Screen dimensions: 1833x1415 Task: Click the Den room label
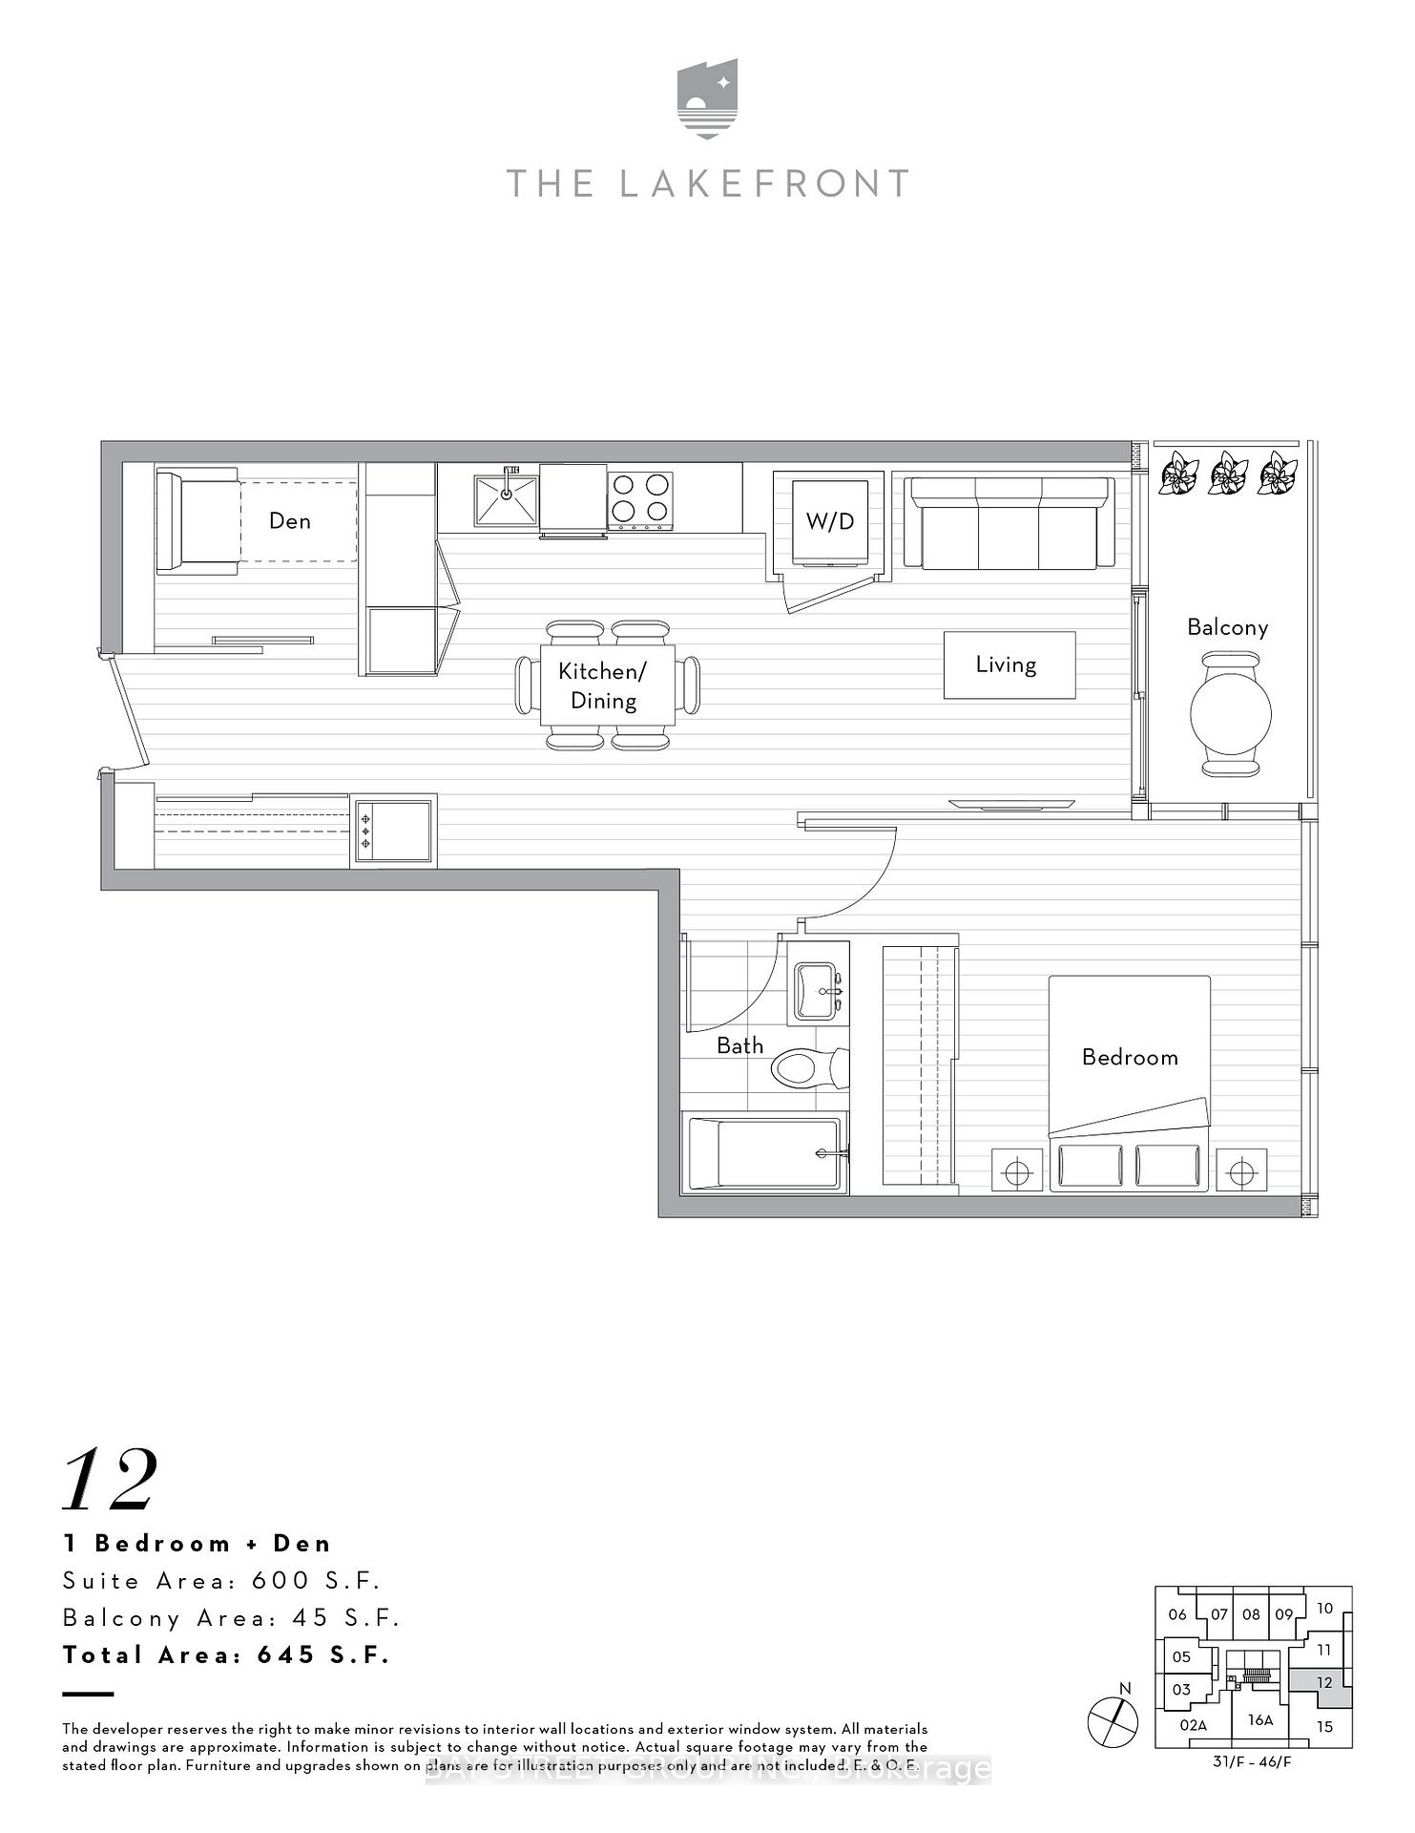coord(289,520)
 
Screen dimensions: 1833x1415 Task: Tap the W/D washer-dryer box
coord(829,521)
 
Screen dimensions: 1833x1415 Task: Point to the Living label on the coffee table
coord(1006,664)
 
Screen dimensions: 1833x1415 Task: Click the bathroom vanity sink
coord(817,992)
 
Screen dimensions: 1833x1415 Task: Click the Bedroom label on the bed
coord(1130,1057)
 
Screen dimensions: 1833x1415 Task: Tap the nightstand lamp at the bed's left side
coord(1017,1170)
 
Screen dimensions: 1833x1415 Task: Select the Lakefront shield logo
coord(707,99)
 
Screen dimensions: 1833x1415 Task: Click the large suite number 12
coord(110,1480)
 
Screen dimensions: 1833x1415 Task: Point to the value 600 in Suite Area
coord(281,1581)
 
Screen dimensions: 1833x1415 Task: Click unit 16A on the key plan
coord(1259,1720)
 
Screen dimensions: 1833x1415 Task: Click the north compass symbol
coord(1113,1722)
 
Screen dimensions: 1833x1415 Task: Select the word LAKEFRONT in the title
coord(763,183)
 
